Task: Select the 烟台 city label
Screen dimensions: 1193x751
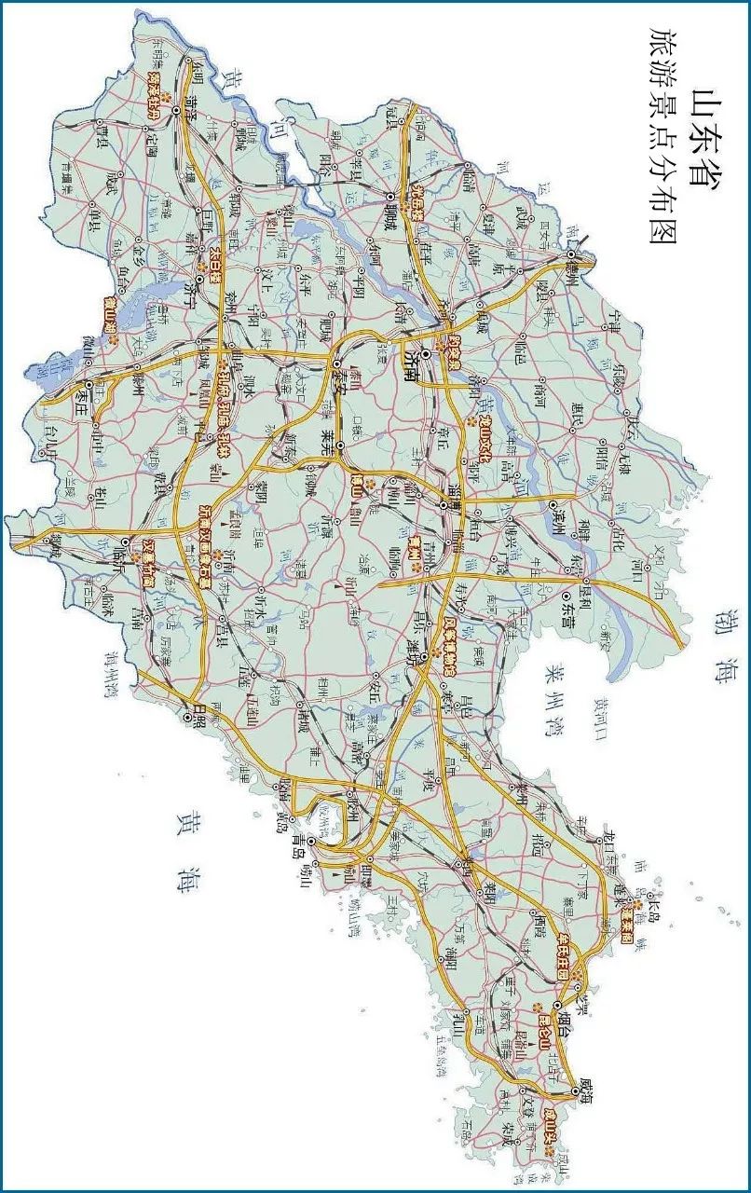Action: tap(556, 1024)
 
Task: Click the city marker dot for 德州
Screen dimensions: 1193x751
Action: tap(571, 253)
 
